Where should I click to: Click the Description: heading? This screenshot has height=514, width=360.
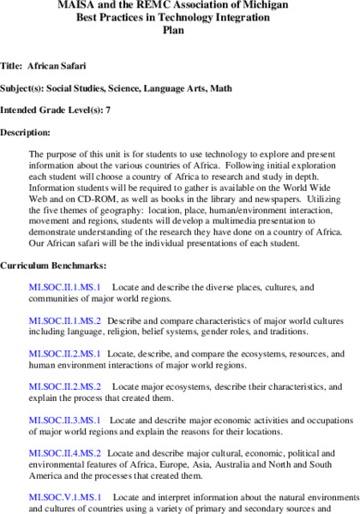(x=26, y=133)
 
